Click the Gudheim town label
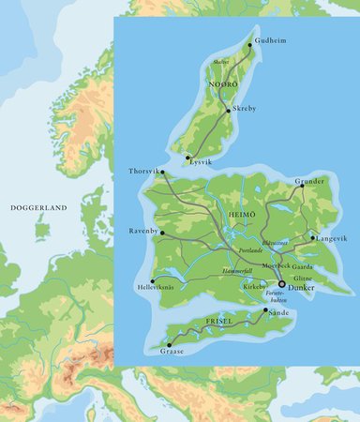tap(273, 42)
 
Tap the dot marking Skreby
tap(229, 109)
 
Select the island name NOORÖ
tap(220, 82)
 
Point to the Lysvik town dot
tap(188, 158)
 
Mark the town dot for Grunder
tap(302, 186)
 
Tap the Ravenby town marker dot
tap(162, 233)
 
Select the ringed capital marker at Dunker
tap(281, 283)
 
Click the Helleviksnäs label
tap(156, 286)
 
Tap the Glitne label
tap(303, 279)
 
